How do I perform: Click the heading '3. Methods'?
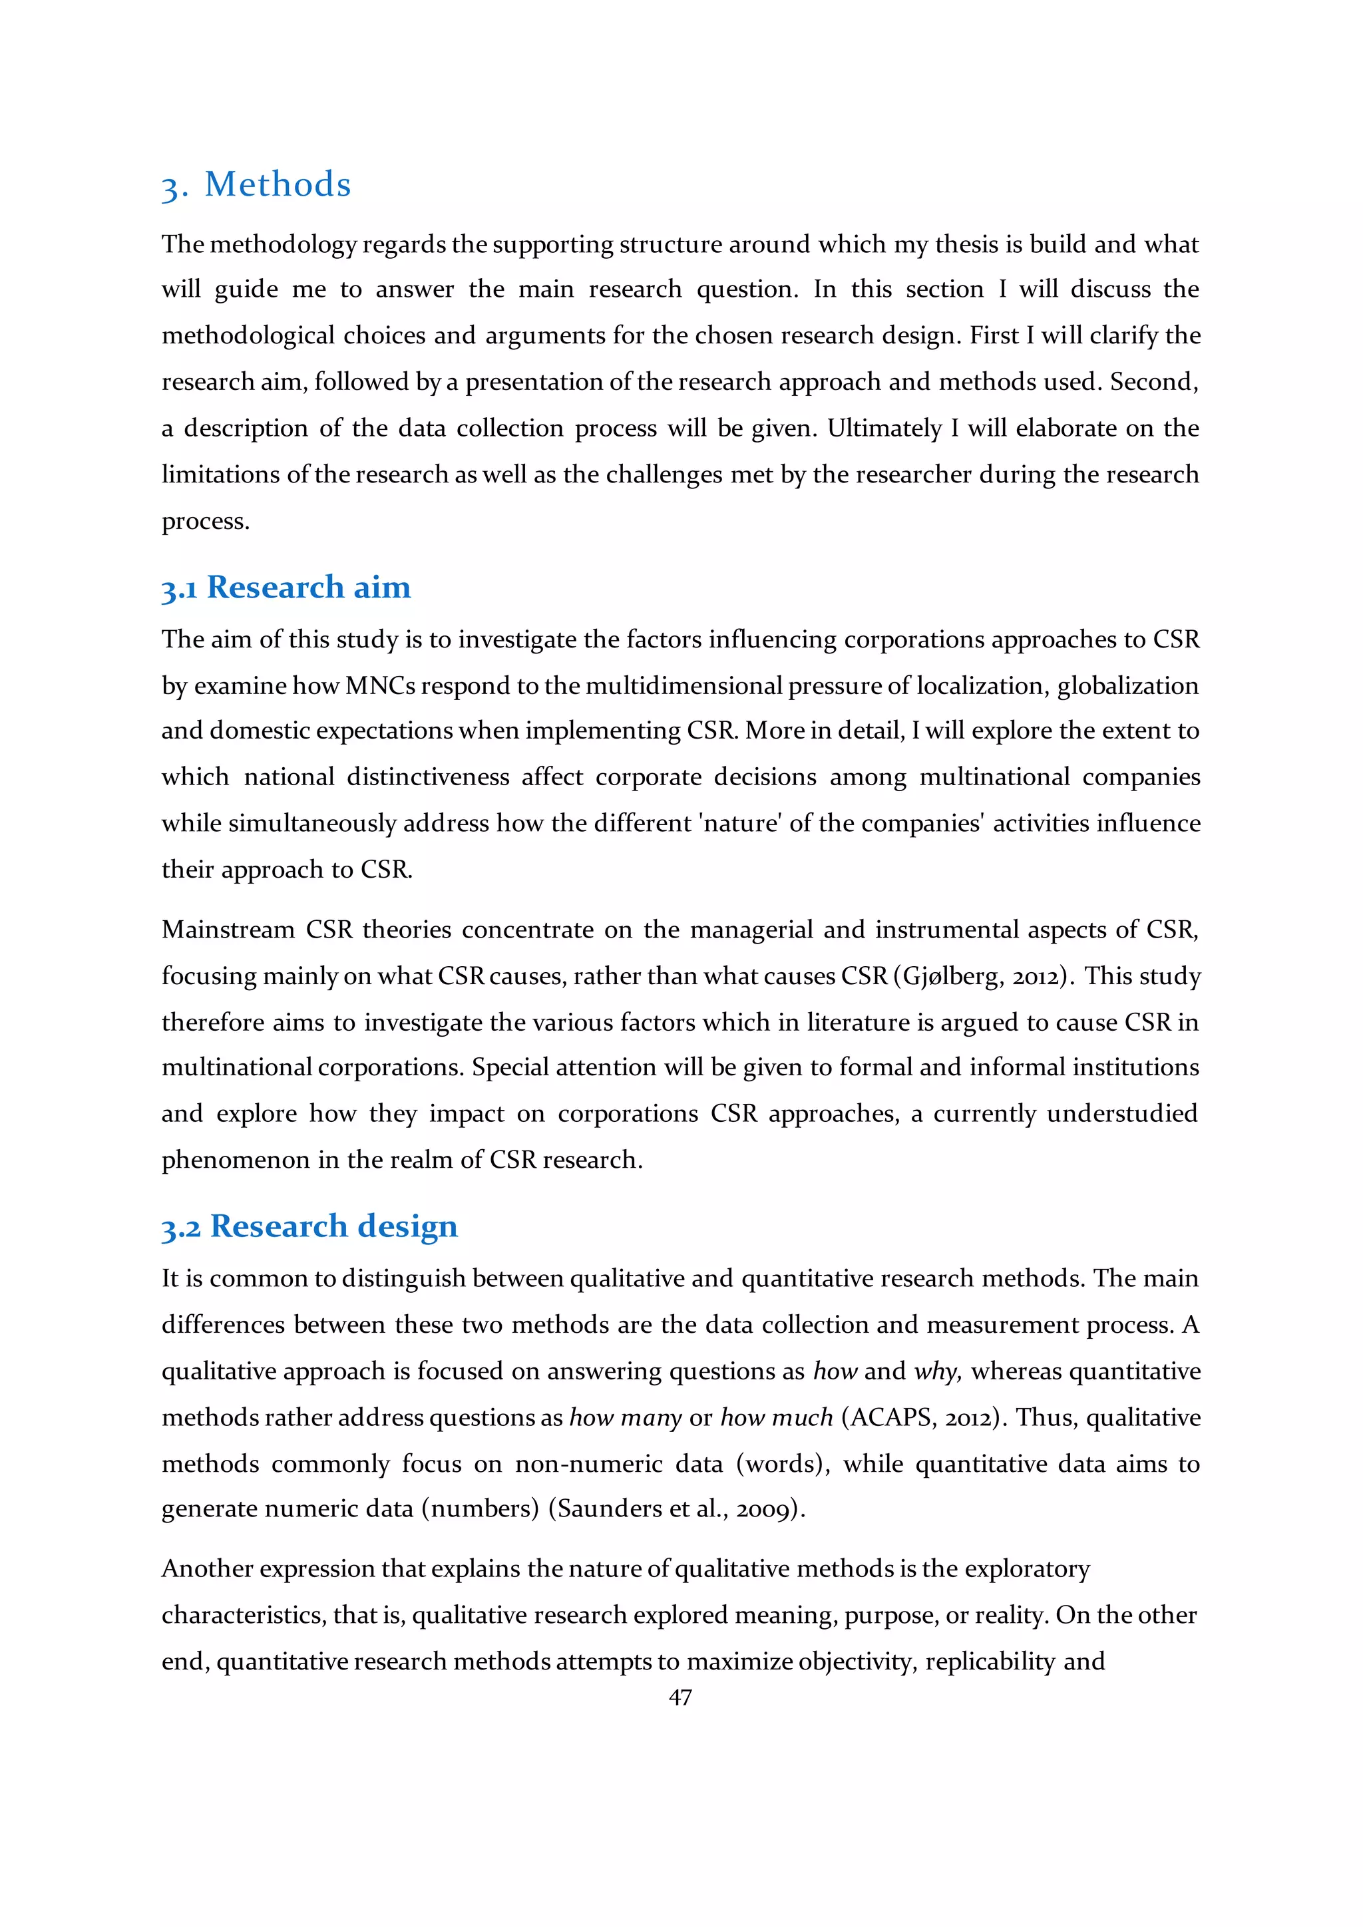pyautogui.click(x=256, y=184)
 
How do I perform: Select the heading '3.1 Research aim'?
pyautogui.click(x=286, y=588)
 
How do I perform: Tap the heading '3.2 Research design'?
pyautogui.click(x=309, y=1226)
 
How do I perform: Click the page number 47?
pyautogui.click(x=680, y=1697)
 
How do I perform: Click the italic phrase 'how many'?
pyautogui.click(x=626, y=1417)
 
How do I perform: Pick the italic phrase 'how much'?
pyautogui.click(x=777, y=1417)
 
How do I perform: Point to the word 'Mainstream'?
pyautogui.click(x=228, y=930)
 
